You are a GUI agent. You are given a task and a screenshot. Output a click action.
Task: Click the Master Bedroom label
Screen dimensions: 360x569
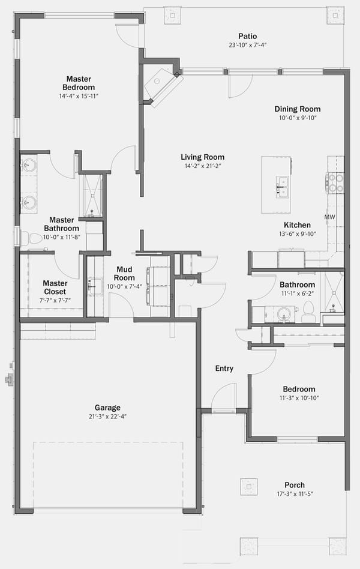point(79,83)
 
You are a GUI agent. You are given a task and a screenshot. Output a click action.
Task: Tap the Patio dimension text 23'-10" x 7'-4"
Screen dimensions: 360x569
point(247,46)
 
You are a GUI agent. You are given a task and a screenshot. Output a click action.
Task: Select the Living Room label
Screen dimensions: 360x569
point(203,157)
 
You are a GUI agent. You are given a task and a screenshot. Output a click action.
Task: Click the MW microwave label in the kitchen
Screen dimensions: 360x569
point(329,217)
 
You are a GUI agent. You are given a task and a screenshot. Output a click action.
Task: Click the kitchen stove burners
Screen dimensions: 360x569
point(335,183)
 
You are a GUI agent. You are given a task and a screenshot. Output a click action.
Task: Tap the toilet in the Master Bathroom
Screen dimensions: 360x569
point(32,238)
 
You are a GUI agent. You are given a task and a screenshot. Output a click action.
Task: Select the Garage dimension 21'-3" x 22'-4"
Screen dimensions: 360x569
point(107,417)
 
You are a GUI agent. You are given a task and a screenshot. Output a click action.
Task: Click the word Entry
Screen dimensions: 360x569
point(224,369)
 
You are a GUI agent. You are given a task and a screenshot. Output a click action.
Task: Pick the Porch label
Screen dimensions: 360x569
point(295,485)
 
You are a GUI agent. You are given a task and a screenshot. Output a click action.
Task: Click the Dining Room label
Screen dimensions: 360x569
point(298,109)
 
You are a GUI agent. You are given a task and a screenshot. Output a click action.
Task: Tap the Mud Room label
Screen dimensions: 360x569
point(124,274)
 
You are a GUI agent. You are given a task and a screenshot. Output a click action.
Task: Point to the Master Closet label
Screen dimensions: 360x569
point(55,288)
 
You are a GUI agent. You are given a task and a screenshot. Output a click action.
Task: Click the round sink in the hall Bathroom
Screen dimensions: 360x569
point(284,315)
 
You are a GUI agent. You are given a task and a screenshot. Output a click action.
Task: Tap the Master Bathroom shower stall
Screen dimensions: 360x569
point(93,196)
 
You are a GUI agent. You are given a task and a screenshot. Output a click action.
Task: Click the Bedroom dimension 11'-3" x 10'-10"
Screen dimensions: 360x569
point(299,398)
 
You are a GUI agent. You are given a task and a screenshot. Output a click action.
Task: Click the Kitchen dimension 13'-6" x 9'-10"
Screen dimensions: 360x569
point(298,234)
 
